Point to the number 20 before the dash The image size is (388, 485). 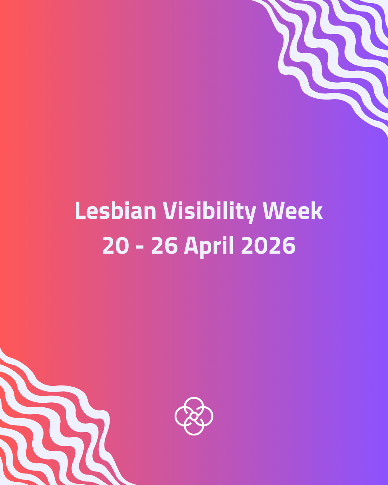pyautogui.click(x=115, y=246)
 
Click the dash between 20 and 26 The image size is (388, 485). pyautogui.click(x=140, y=247)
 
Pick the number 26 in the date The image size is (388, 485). pyautogui.click(x=164, y=246)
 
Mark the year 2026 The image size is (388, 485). pyautogui.click(x=268, y=246)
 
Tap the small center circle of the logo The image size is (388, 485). pyautogui.click(x=194, y=416)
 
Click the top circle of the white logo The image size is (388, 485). pyautogui.click(x=194, y=405)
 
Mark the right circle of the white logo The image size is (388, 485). pyautogui.click(x=205, y=416)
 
